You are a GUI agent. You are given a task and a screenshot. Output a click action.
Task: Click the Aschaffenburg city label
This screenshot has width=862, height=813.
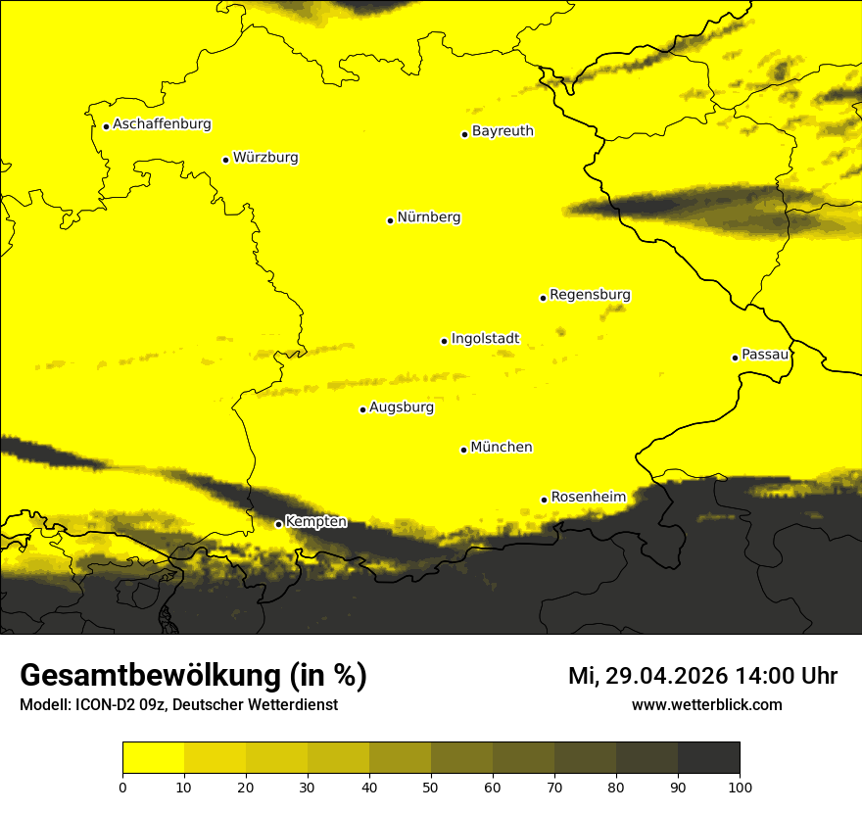(x=162, y=124)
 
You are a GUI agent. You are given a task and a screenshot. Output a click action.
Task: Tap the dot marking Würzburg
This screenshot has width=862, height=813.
(x=225, y=160)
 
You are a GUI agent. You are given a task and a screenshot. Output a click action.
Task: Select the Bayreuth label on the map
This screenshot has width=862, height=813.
(x=503, y=131)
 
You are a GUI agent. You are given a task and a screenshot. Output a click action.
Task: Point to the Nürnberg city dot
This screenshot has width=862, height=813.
(x=390, y=220)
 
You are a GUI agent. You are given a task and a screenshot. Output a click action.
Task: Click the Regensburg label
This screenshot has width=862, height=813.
(x=590, y=295)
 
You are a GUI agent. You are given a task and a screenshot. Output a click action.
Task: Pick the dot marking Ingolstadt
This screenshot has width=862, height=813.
(x=444, y=341)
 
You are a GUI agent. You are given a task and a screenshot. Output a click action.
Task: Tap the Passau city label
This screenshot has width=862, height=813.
(x=765, y=355)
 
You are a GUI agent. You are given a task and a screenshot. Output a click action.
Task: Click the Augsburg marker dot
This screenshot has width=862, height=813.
(x=362, y=409)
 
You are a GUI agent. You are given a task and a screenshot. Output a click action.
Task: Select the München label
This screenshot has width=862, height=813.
(x=502, y=448)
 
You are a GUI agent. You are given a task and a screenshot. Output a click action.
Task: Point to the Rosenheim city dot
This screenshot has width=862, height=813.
(x=544, y=500)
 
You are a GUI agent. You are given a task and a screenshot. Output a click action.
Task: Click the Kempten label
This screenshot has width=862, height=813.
(x=315, y=522)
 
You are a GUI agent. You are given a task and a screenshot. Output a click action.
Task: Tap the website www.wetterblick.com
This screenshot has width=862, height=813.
(x=707, y=705)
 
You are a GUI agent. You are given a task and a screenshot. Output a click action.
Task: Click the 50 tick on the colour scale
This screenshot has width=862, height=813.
(x=431, y=787)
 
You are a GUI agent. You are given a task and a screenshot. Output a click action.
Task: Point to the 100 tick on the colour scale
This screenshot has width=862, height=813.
(x=740, y=787)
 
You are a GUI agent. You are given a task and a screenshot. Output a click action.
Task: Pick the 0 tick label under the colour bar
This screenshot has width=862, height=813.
(x=122, y=787)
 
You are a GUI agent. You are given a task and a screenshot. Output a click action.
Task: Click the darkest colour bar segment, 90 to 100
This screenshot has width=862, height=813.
(x=708, y=758)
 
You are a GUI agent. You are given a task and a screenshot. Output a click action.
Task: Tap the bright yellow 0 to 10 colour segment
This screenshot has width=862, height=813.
(x=153, y=758)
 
